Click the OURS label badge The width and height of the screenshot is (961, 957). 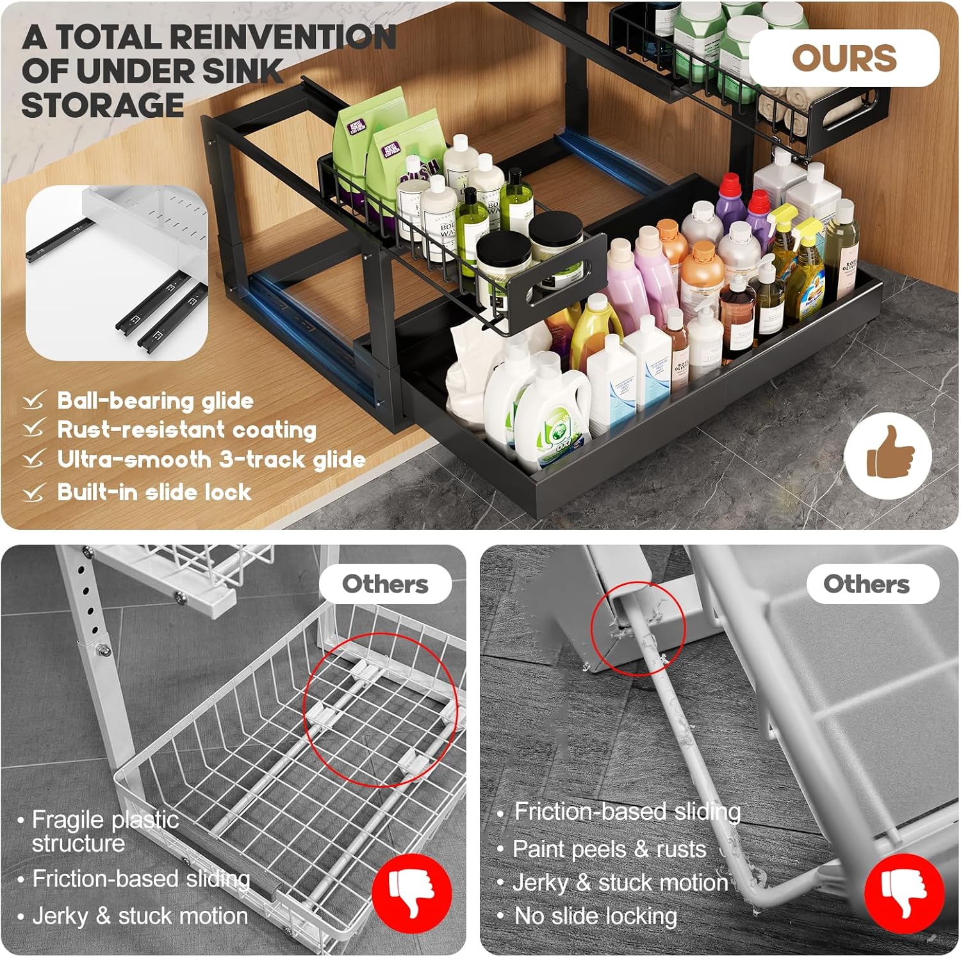pos(844,58)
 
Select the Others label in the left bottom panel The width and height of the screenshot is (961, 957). pos(385,584)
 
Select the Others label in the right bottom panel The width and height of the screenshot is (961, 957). pos(866,584)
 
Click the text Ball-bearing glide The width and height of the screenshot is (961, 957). pos(155,401)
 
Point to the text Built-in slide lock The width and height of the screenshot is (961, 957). pos(154,492)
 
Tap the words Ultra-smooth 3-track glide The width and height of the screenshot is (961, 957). pos(211,459)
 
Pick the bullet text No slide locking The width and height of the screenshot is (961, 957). pos(595,916)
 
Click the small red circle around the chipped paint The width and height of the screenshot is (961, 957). pos(637,628)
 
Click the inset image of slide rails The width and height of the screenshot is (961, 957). pos(117,273)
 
